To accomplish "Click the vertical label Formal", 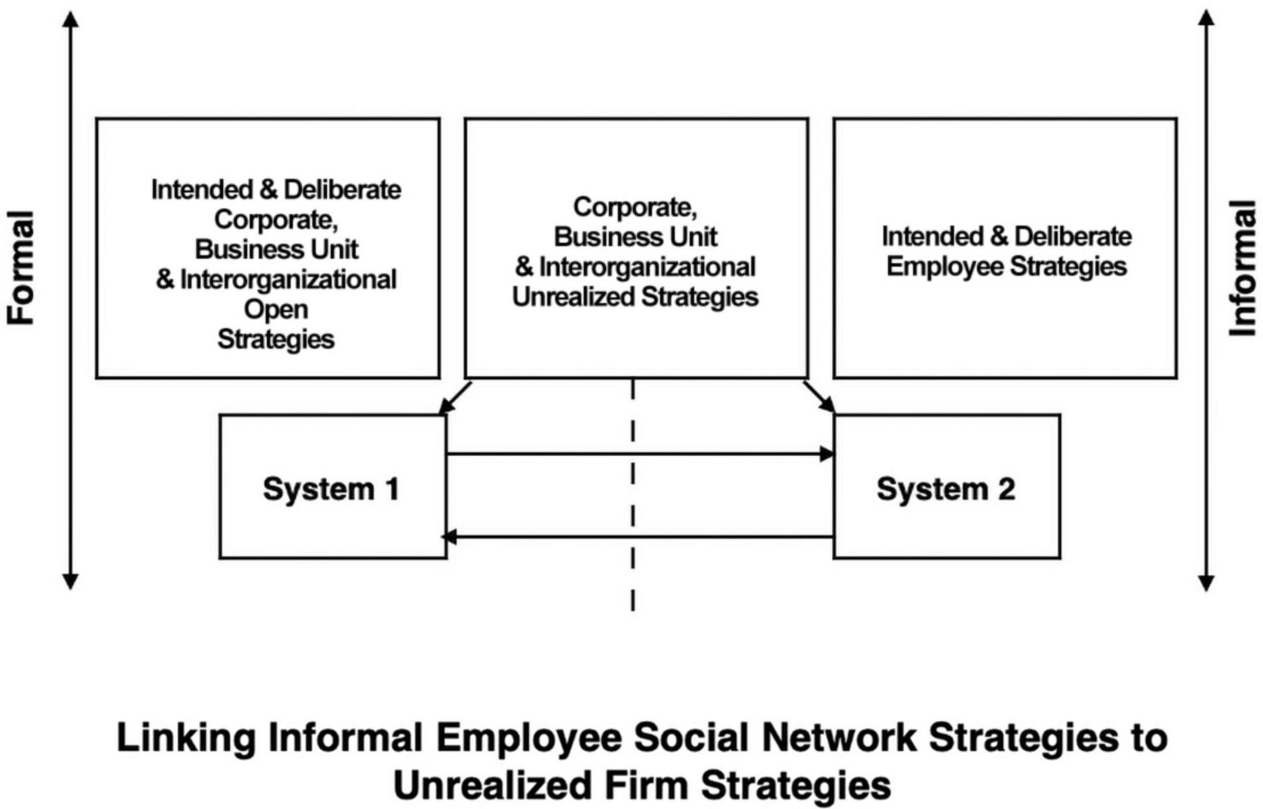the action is point(21,268).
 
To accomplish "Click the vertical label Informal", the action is point(1242,268).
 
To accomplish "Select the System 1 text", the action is point(331,489).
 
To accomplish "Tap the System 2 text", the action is point(946,489).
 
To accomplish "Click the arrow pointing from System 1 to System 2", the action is point(640,454).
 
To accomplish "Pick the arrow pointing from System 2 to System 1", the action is point(638,537).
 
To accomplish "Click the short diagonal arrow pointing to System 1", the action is point(455,398).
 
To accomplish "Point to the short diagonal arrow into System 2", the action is point(819,397).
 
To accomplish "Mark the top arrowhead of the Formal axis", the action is point(70,19).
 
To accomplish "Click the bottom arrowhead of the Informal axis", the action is point(1206,582).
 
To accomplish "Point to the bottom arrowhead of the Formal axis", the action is point(70,581).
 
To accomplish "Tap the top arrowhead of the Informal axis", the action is point(1206,18).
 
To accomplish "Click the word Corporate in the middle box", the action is point(635,207).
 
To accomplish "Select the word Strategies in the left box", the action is point(276,340).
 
